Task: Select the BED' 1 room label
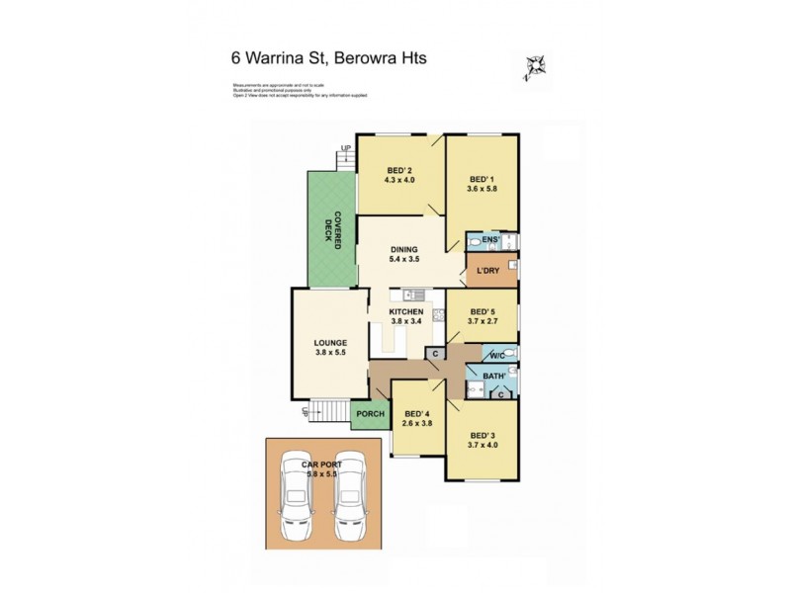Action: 482,180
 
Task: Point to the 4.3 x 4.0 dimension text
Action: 399,181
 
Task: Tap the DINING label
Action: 403,250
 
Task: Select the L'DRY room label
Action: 485,271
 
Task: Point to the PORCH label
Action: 370,414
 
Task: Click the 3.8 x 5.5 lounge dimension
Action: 329,353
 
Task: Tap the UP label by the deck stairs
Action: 345,149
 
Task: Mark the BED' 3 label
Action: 482,436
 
